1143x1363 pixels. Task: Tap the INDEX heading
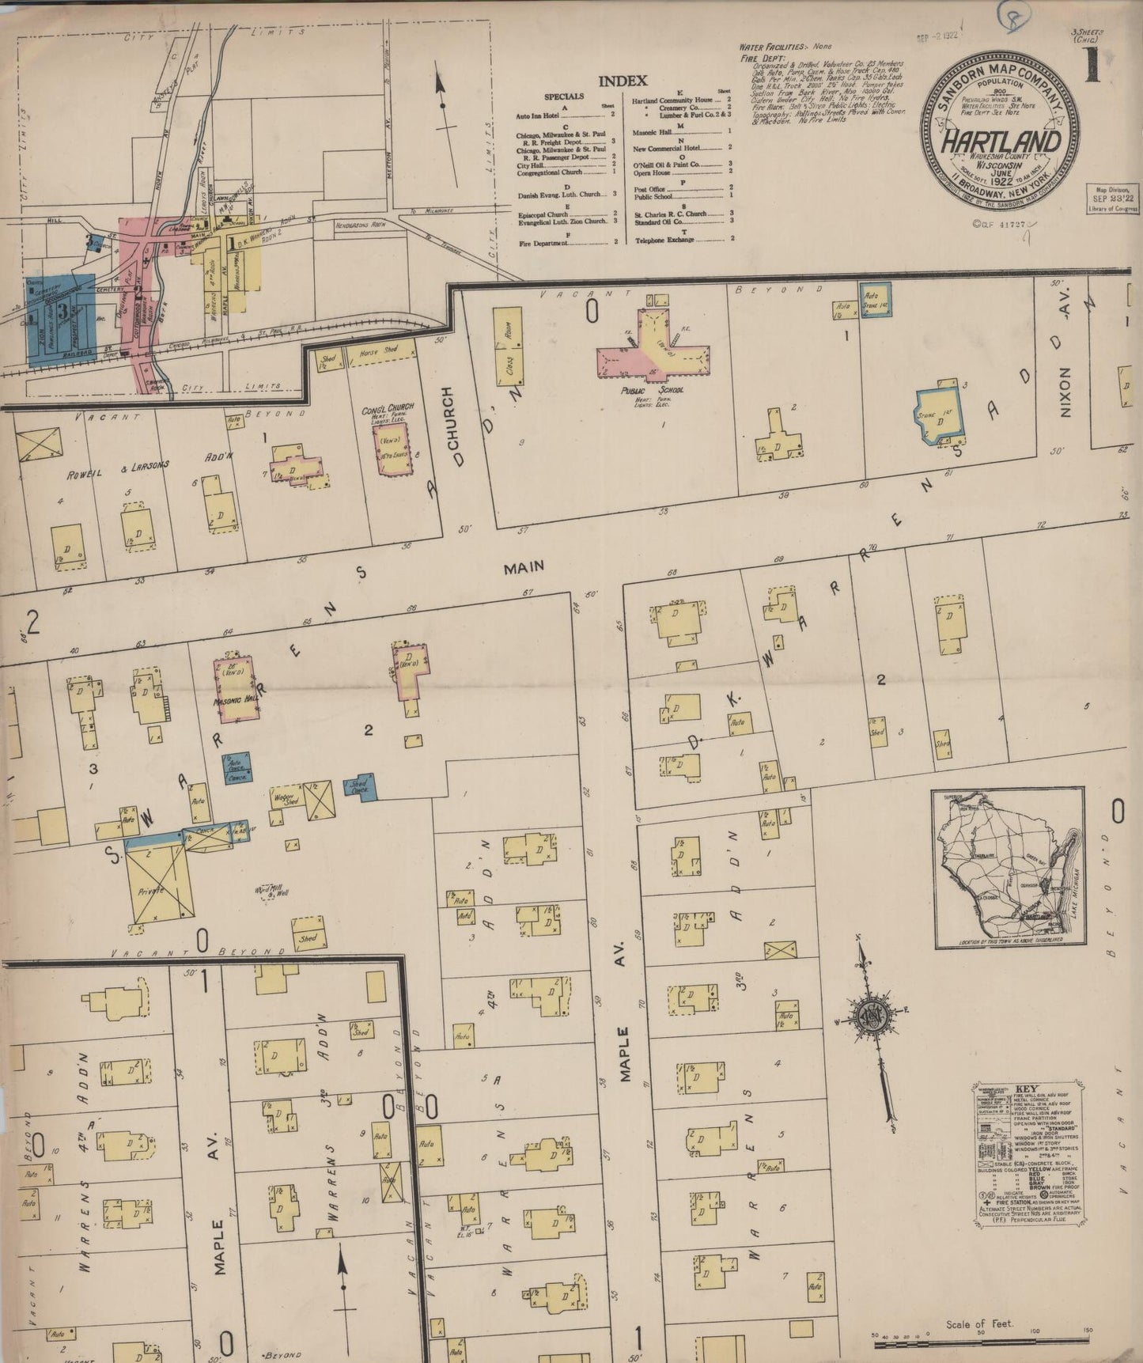click(x=623, y=81)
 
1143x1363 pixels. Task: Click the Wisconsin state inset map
click(x=1009, y=868)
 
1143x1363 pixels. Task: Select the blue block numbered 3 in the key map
click(x=60, y=319)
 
